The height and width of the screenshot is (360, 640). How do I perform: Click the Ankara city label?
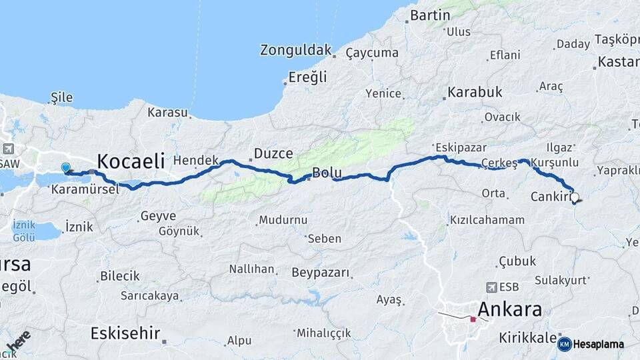[510, 309]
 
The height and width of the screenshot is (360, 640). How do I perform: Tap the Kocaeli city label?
[131, 161]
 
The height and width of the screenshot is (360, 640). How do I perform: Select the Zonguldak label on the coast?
[296, 50]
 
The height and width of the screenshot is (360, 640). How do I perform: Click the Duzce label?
[273, 154]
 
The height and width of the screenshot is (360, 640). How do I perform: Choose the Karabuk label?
[475, 93]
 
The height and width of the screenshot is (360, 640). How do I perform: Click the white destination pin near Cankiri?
[575, 197]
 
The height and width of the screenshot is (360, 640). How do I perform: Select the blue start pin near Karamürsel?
[65, 168]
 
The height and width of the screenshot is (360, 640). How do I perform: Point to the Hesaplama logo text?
[598, 345]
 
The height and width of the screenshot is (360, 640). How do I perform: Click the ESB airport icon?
[492, 287]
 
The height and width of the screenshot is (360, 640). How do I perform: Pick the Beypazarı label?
[321, 273]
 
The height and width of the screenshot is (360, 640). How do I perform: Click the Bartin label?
[431, 15]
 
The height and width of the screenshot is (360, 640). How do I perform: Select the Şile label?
[61, 98]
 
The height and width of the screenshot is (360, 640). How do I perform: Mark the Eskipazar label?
[460, 147]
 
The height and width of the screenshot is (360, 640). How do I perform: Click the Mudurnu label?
[283, 219]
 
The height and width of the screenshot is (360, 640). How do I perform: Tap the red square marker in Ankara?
[473, 319]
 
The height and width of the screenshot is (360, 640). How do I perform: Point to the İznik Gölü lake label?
[23, 231]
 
